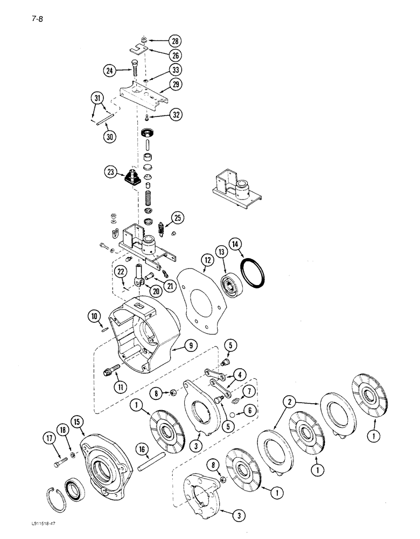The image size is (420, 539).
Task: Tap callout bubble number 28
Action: (x=175, y=41)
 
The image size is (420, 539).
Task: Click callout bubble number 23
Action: (x=112, y=173)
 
